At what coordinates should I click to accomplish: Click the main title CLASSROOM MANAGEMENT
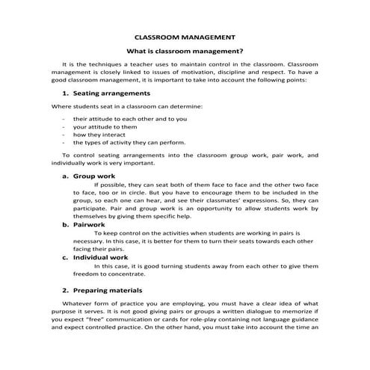[184, 37]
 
